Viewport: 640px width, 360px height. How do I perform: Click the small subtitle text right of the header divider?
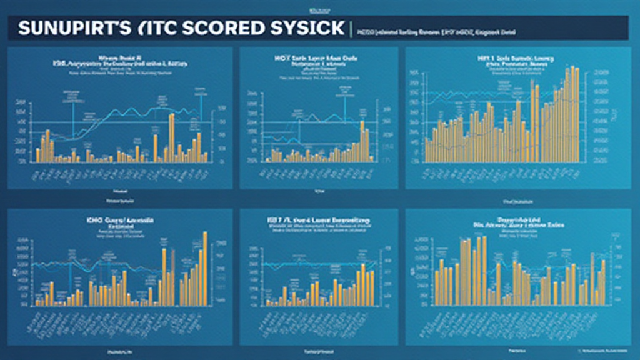click(437, 30)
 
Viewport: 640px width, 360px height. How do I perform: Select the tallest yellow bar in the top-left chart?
click(171, 136)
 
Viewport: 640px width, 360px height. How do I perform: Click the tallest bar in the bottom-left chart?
click(205, 269)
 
